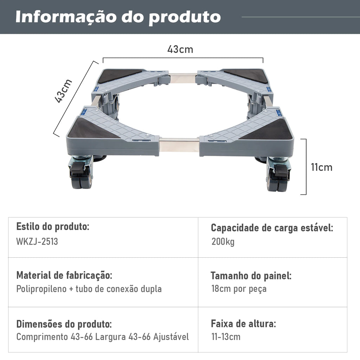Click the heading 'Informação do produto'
[118, 17]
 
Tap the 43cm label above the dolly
[180, 49]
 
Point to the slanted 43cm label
[63, 91]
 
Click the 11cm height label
[321, 167]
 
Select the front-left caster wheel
[81, 172]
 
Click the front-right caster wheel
[278, 174]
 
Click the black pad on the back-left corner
[118, 75]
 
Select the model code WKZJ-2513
[37, 242]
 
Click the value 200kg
[223, 242]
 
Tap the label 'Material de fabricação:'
[64, 275]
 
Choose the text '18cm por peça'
[239, 289]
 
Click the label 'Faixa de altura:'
[243, 324]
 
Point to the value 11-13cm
[226, 337]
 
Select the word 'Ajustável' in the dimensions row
[171, 337]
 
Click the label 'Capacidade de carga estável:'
[272, 228]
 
